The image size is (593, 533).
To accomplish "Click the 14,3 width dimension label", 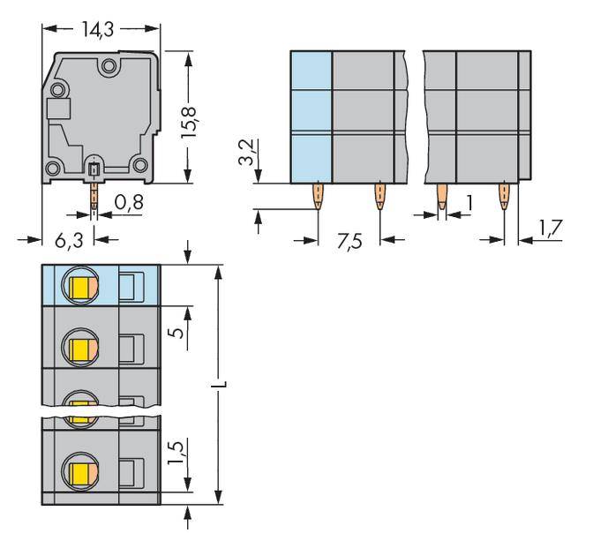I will tap(101, 29).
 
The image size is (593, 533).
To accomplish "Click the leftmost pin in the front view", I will tap(317, 196).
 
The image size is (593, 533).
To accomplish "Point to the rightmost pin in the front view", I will tap(504, 196).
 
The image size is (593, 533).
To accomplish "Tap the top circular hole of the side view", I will tap(108, 64).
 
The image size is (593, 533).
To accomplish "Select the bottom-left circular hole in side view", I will tap(52, 165).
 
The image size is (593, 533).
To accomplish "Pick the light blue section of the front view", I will tap(311, 116).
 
